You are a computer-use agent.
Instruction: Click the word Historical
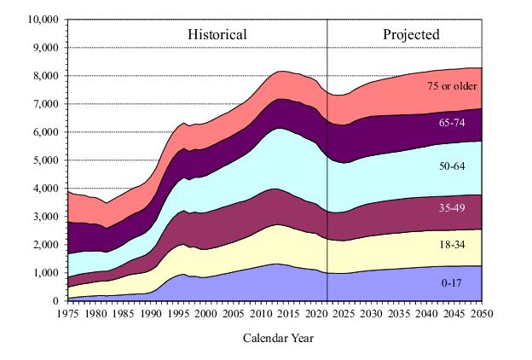(x=217, y=35)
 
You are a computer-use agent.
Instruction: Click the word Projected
(x=411, y=35)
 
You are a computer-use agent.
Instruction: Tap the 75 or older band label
(x=452, y=86)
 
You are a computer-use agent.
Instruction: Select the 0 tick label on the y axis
(x=55, y=300)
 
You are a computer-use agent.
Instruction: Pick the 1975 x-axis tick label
(x=69, y=314)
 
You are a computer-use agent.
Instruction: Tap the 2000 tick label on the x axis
(x=206, y=314)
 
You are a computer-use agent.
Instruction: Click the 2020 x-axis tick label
(x=317, y=314)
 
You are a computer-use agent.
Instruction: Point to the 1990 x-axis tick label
(x=152, y=314)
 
